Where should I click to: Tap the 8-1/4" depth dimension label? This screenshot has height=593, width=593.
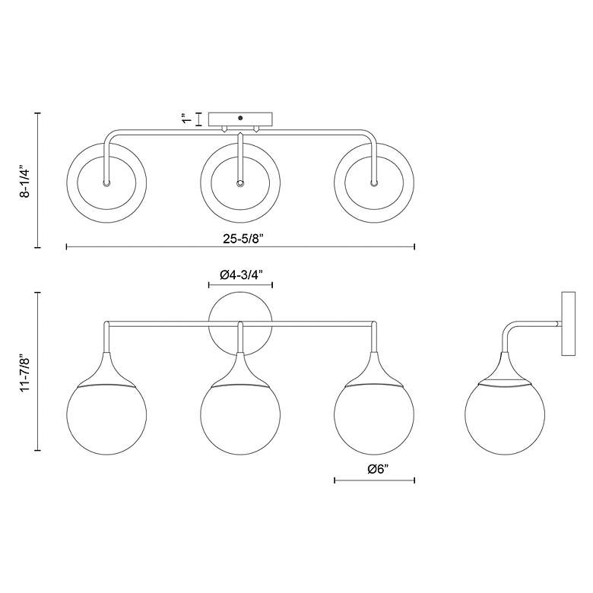click(25, 181)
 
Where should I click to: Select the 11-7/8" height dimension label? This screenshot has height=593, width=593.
click(25, 373)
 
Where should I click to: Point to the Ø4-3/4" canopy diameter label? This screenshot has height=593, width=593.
click(241, 275)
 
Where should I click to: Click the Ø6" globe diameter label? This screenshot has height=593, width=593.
click(378, 469)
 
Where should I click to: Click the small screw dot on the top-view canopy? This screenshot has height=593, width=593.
click(240, 118)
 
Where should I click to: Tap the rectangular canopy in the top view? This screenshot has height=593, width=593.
click(240, 119)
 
